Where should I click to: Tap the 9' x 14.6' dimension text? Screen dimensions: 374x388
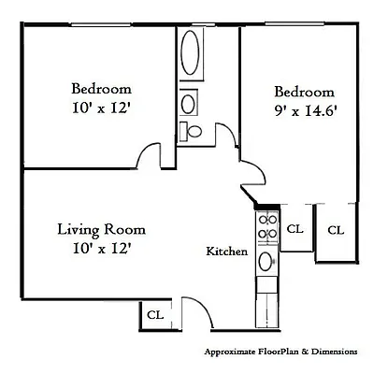[304, 110]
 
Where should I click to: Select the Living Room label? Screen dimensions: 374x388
[101, 229]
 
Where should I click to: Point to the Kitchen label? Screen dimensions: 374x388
[226, 252]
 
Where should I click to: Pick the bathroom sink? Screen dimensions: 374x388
[189, 102]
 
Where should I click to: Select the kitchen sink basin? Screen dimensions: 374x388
[266, 261]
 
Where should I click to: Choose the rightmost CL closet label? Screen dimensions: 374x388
[335, 229]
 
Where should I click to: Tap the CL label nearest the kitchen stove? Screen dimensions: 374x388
[295, 228]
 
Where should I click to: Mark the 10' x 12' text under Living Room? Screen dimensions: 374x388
[101, 249]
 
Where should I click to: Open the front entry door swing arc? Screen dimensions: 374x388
[191, 316]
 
